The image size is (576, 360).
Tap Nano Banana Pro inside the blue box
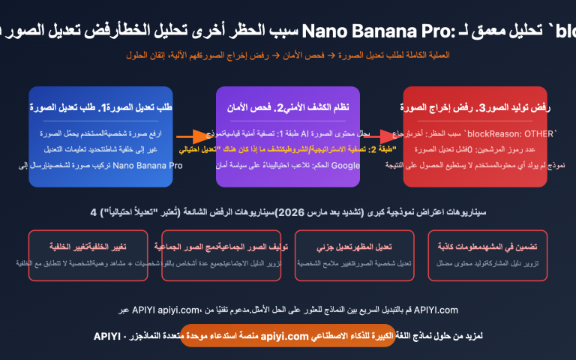(150, 166)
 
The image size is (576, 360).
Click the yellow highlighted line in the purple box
(287, 150)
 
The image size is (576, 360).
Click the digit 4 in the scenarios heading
(93, 212)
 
